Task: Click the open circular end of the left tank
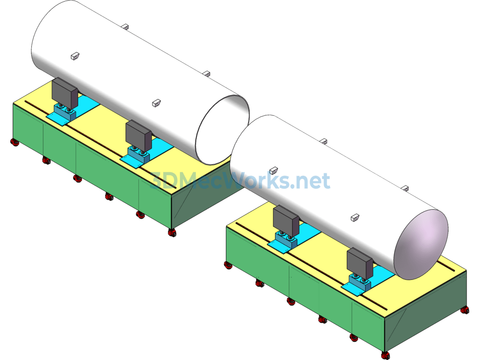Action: [x=222, y=130]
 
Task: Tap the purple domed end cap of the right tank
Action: [x=421, y=245]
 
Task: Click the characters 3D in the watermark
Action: [x=163, y=180]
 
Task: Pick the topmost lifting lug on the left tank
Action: [x=125, y=26]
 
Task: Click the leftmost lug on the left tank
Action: [x=75, y=56]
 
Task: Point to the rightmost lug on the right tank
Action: [x=405, y=188]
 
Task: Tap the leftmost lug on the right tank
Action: [x=273, y=170]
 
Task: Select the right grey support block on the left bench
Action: [x=139, y=136]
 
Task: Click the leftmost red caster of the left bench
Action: [x=15, y=142]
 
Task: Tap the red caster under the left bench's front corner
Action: [x=172, y=232]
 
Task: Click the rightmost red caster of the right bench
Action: [x=465, y=310]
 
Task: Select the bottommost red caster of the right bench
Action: [x=386, y=355]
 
